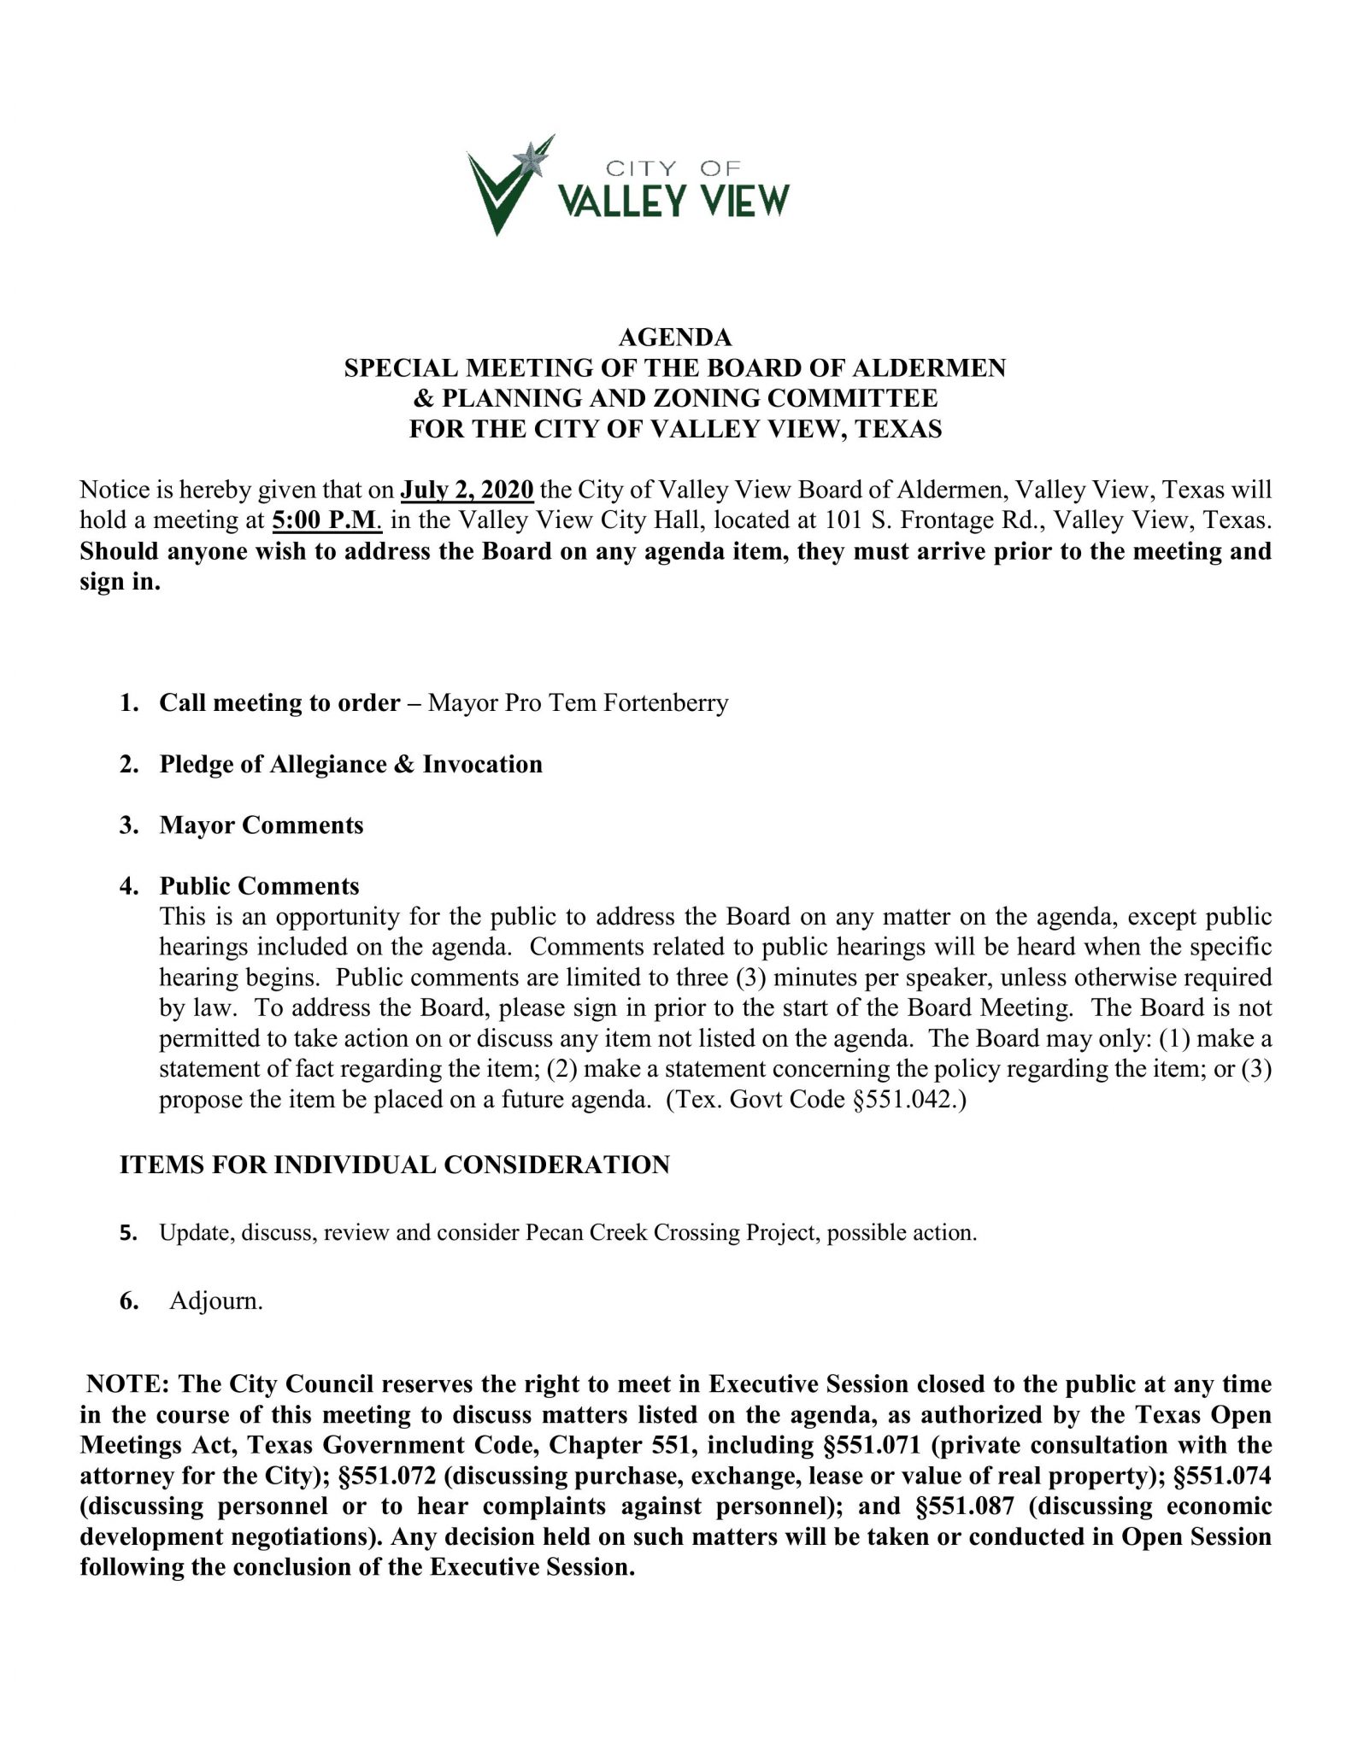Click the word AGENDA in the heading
(674, 338)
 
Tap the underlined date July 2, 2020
(467, 490)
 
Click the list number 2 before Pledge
(128, 764)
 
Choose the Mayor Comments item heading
(261, 825)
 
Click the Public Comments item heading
(259, 886)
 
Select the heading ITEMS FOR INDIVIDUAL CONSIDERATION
(394, 1165)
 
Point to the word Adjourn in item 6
(215, 1301)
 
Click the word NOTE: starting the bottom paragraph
(126, 1383)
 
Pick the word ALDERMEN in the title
(940, 368)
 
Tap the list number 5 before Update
(128, 1233)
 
